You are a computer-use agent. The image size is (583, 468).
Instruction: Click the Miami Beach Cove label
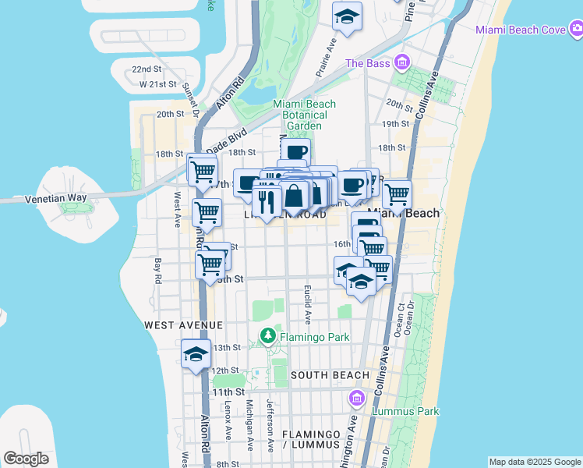point(521,30)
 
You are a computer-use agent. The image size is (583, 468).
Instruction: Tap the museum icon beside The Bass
point(402,62)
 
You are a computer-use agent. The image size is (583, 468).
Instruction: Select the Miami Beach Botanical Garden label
point(304,115)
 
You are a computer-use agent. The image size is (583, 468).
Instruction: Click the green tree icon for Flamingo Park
point(267,335)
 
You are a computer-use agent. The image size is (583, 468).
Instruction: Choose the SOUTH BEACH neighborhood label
point(330,375)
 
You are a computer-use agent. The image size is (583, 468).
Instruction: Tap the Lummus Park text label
point(405,411)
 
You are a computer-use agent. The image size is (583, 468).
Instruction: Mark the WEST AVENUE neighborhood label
point(183,324)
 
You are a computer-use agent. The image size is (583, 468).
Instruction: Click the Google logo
point(26,459)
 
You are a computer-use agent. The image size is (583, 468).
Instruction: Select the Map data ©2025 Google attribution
point(535,462)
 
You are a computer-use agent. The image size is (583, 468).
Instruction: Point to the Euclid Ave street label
point(308,304)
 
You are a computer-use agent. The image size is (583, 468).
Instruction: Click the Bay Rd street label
point(157,271)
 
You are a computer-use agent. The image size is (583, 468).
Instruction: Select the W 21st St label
point(155,83)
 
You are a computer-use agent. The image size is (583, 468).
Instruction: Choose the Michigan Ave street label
point(249,425)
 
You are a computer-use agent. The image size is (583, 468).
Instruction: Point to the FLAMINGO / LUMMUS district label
point(311,439)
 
